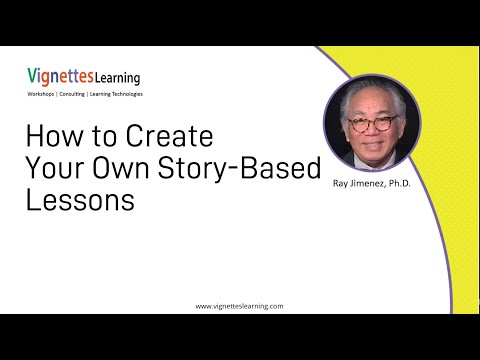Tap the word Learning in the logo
coord(117,77)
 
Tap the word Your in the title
coord(49,168)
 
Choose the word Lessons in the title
coord(80,199)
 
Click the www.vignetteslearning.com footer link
coord(240,306)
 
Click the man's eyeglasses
coord(367,126)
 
